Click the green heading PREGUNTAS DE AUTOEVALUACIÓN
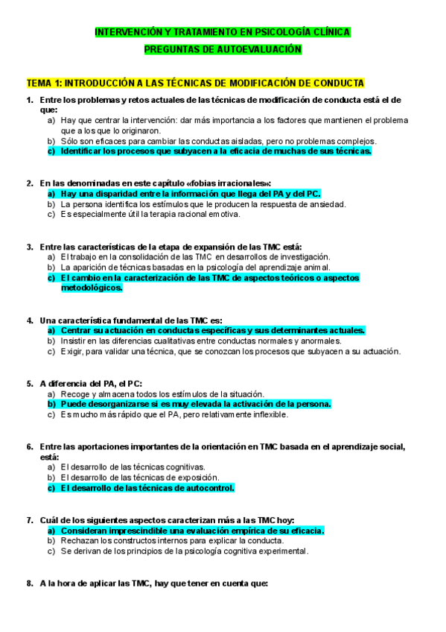223,48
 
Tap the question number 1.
29,100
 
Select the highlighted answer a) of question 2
190,194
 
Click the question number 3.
29,247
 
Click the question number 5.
29,383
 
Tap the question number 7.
29,519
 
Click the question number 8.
29,584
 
